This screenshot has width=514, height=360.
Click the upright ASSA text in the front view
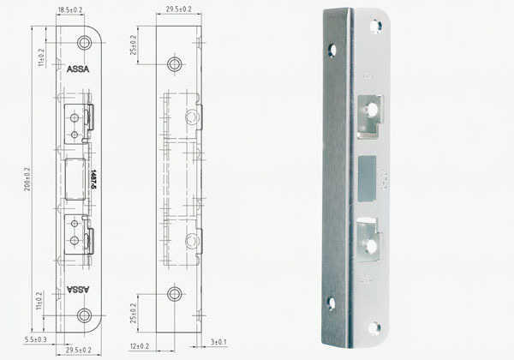[x=77, y=68]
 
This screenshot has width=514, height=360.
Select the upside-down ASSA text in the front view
[x=77, y=290]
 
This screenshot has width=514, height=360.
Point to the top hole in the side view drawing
[x=175, y=63]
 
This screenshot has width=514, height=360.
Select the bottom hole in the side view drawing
[x=175, y=294]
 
